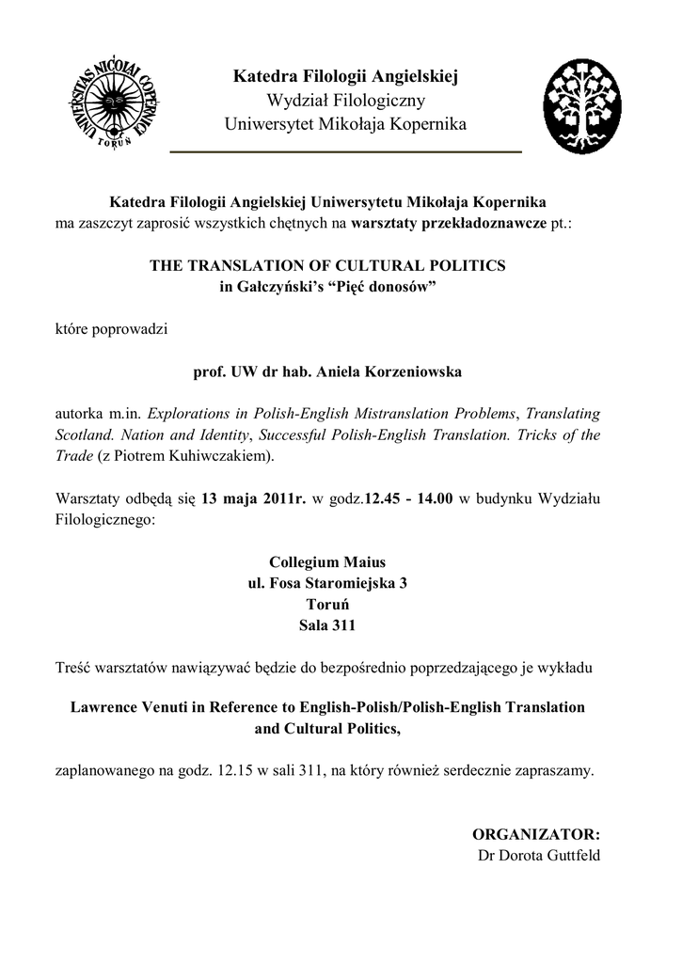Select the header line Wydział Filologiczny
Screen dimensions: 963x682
point(345,100)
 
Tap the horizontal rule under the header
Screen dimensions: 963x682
point(345,151)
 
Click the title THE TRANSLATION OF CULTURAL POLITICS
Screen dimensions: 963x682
point(327,266)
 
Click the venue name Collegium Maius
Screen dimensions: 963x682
point(327,561)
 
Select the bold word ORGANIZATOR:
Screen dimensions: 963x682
point(535,834)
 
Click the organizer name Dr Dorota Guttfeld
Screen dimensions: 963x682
point(539,855)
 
